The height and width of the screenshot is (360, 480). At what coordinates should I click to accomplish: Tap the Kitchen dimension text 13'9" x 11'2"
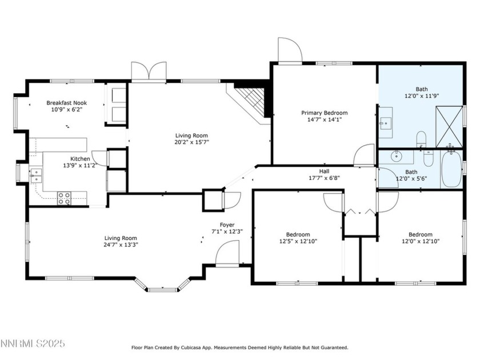point(80,165)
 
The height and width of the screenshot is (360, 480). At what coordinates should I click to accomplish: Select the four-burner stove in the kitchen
point(64,198)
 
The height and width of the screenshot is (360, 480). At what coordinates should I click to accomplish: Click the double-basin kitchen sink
point(36,174)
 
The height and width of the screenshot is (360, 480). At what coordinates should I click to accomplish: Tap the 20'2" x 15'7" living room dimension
point(192,142)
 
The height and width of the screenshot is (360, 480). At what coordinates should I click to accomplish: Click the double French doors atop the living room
point(148,71)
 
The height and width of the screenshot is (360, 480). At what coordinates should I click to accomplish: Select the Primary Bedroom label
point(324,113)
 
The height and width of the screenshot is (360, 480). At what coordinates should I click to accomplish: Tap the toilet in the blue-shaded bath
point(421,138)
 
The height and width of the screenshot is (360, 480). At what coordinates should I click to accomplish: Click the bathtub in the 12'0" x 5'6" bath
point(451,169)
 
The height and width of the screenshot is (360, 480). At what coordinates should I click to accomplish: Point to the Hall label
point(324,171)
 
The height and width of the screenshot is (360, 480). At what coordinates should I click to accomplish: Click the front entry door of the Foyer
point(227,253)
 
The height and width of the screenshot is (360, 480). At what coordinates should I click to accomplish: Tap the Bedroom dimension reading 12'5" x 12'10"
point(298,241)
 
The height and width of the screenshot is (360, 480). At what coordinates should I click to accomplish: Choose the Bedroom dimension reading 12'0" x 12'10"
point(420,241)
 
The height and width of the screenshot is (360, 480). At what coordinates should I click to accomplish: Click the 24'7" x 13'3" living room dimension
point(121,245)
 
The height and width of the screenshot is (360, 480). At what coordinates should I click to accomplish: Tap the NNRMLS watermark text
point(33,343)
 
